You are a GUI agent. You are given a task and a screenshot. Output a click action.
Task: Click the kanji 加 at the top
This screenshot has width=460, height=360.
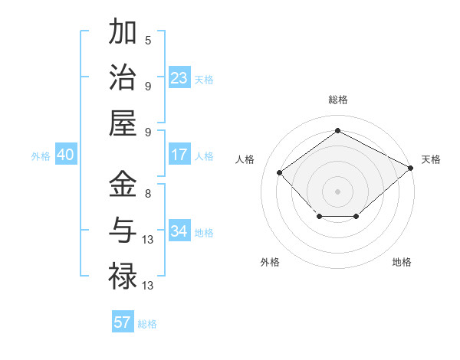pos(123,33)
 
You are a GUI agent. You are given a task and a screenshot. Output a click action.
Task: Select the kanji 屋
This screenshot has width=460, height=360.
pos(123,123)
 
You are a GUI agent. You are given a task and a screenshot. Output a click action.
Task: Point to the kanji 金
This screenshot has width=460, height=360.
pos(123,185)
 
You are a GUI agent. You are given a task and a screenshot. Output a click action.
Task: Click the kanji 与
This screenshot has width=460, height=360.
pos(123,230)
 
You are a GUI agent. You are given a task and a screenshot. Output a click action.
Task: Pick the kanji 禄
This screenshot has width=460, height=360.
pos(123,275)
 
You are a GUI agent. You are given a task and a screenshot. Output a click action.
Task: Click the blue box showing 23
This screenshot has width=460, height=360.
pos(179,78)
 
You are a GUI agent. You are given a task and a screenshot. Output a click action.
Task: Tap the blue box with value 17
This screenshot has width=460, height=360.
pos(179,155)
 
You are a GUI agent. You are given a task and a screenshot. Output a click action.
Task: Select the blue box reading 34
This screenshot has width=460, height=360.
pos(179,231)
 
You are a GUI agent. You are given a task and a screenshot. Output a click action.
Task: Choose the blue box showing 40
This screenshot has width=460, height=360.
pos(65,155)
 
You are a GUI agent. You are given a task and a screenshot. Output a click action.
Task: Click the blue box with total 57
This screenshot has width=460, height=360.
pos(123,322)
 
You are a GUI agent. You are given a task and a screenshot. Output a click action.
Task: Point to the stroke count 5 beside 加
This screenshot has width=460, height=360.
pos(148,40)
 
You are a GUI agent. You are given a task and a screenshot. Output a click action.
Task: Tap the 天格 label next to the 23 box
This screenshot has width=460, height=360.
pos(204,80)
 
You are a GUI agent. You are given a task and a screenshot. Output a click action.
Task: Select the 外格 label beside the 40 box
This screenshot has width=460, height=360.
pos(41,156)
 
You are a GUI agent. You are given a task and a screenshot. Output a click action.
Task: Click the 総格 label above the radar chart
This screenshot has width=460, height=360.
pos(338,100)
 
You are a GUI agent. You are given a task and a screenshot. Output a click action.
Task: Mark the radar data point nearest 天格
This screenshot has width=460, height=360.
pos(412,168)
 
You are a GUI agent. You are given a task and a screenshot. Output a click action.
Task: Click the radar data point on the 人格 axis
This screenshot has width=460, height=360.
pos(280,172)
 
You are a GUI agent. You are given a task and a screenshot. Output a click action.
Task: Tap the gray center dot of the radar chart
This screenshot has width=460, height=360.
pos(337,191)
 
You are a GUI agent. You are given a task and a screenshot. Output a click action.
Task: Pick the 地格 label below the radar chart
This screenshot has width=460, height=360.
pos(402,262)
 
